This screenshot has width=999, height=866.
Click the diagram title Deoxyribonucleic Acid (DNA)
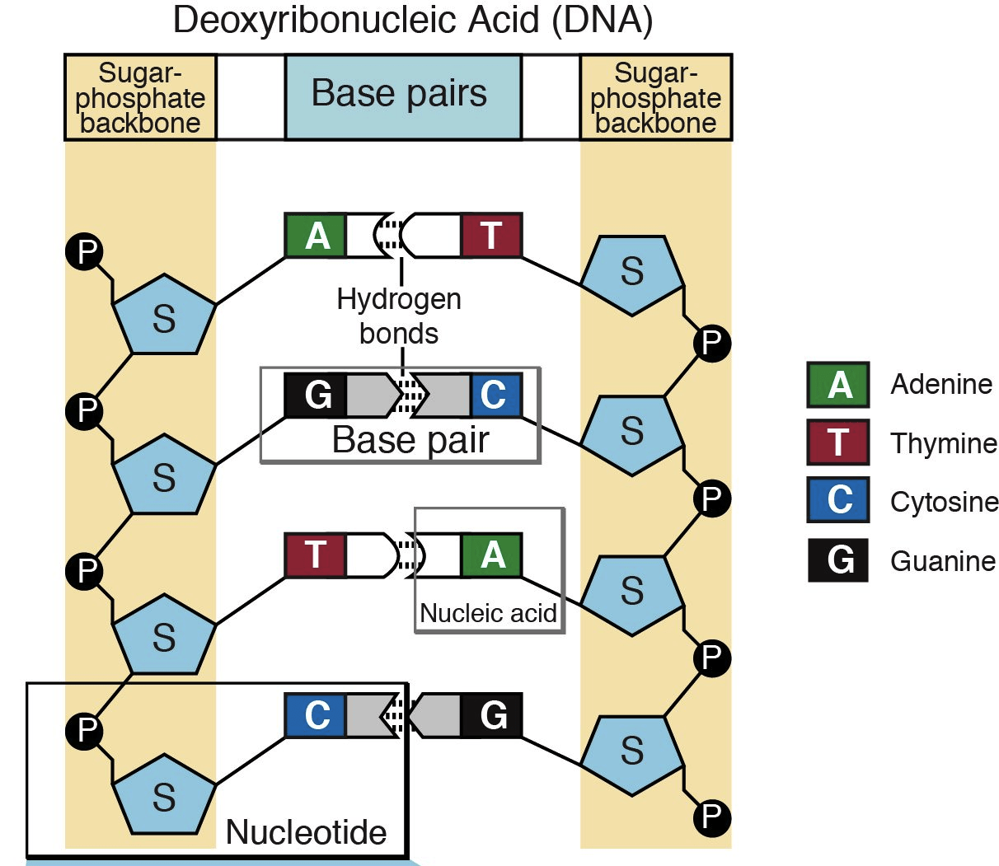coord(412,20)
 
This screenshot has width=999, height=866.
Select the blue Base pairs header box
coord(402,96)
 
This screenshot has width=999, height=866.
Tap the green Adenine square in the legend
coord(837,385)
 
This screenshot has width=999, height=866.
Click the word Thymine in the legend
coord(943,444)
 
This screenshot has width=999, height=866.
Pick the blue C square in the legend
coord(837,500)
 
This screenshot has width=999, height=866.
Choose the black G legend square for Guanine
coord(837,560)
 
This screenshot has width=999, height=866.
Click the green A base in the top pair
coord(316,236)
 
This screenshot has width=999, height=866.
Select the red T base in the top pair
coord(491,236)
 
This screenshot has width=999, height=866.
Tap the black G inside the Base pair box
coord(316,395)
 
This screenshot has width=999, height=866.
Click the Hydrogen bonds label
coord(399,316)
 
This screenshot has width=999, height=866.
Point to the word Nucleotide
coord(306,832)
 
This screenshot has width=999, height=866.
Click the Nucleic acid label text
coord(488,613)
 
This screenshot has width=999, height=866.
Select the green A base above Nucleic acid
coord(491,555)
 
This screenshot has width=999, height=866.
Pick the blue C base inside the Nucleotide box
coord(316,715)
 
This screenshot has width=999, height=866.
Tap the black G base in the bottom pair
coord(491,715)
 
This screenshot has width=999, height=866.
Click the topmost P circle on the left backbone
coord(84,250)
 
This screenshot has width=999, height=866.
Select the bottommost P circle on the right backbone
coord(711,817)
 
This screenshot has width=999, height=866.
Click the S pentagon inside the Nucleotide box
coord(164,794)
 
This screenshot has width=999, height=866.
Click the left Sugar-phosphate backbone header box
coord(140,98)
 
